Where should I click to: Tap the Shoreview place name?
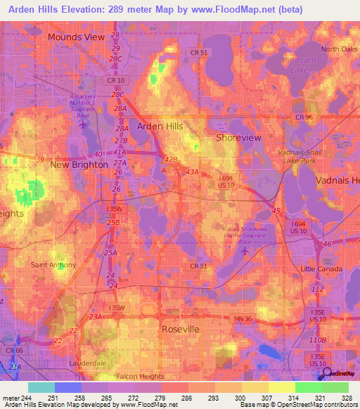238,138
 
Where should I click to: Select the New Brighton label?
79,164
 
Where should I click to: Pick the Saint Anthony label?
51,265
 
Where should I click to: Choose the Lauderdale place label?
86,363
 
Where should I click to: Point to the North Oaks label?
339,49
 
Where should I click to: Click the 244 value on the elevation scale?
27,398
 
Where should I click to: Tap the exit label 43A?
192,171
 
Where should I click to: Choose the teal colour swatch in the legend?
41,387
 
